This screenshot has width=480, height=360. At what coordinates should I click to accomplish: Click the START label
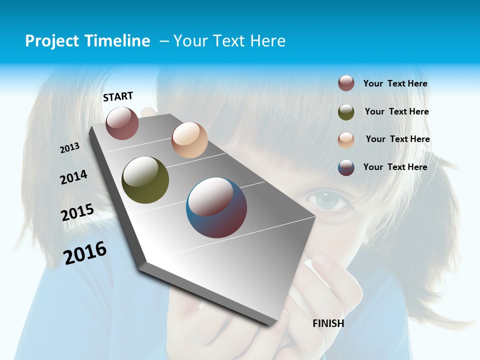tap(118, 96)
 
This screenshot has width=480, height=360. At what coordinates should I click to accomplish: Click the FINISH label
tap(328, 323)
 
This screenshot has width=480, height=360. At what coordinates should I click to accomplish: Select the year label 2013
tap(70, 147)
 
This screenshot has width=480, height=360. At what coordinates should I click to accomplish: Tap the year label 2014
tap(73, 177)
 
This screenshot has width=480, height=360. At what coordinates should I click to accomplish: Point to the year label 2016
tap(85, 253)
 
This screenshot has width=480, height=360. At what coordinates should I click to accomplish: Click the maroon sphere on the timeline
tap(122, 123)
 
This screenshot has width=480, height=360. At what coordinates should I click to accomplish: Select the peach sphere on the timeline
tap(189, 140)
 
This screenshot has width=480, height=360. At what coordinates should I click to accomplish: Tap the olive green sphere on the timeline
tap(145, 180)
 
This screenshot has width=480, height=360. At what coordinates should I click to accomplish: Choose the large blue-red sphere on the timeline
tap(216, 207)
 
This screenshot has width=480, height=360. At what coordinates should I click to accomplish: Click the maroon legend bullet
tap(346, 83)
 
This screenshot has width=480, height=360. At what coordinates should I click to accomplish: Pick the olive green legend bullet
tap(346, 111)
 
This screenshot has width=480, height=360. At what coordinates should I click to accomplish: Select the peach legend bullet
tap(346, 139)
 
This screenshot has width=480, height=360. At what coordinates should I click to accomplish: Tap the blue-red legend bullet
tap(346, 167)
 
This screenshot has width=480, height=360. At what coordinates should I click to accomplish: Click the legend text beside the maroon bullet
tap(395, 83)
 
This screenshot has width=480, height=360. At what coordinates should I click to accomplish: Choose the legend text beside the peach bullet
tap(397, 139)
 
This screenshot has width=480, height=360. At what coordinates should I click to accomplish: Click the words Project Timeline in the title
tap(87, 41)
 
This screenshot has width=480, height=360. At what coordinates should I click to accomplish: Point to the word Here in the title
tap(267, 41)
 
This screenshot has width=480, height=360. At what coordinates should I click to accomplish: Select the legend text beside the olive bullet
tap(396, 111)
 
